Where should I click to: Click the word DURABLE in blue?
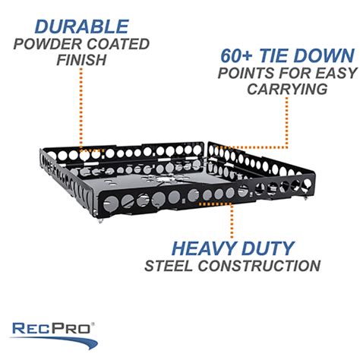click(82, 27)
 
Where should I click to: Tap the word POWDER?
click(48, 44)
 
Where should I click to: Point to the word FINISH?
click(81, 60)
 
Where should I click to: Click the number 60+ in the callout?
click(236, 55)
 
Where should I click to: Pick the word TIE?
click(273, 55)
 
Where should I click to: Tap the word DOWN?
click(324, 55)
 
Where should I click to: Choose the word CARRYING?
click(287, 89)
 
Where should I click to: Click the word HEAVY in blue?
click(204, 248)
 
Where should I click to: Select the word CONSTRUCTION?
click(259, 266)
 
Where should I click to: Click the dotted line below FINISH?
click(81, 109)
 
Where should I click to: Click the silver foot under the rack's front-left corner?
click(100, 221)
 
